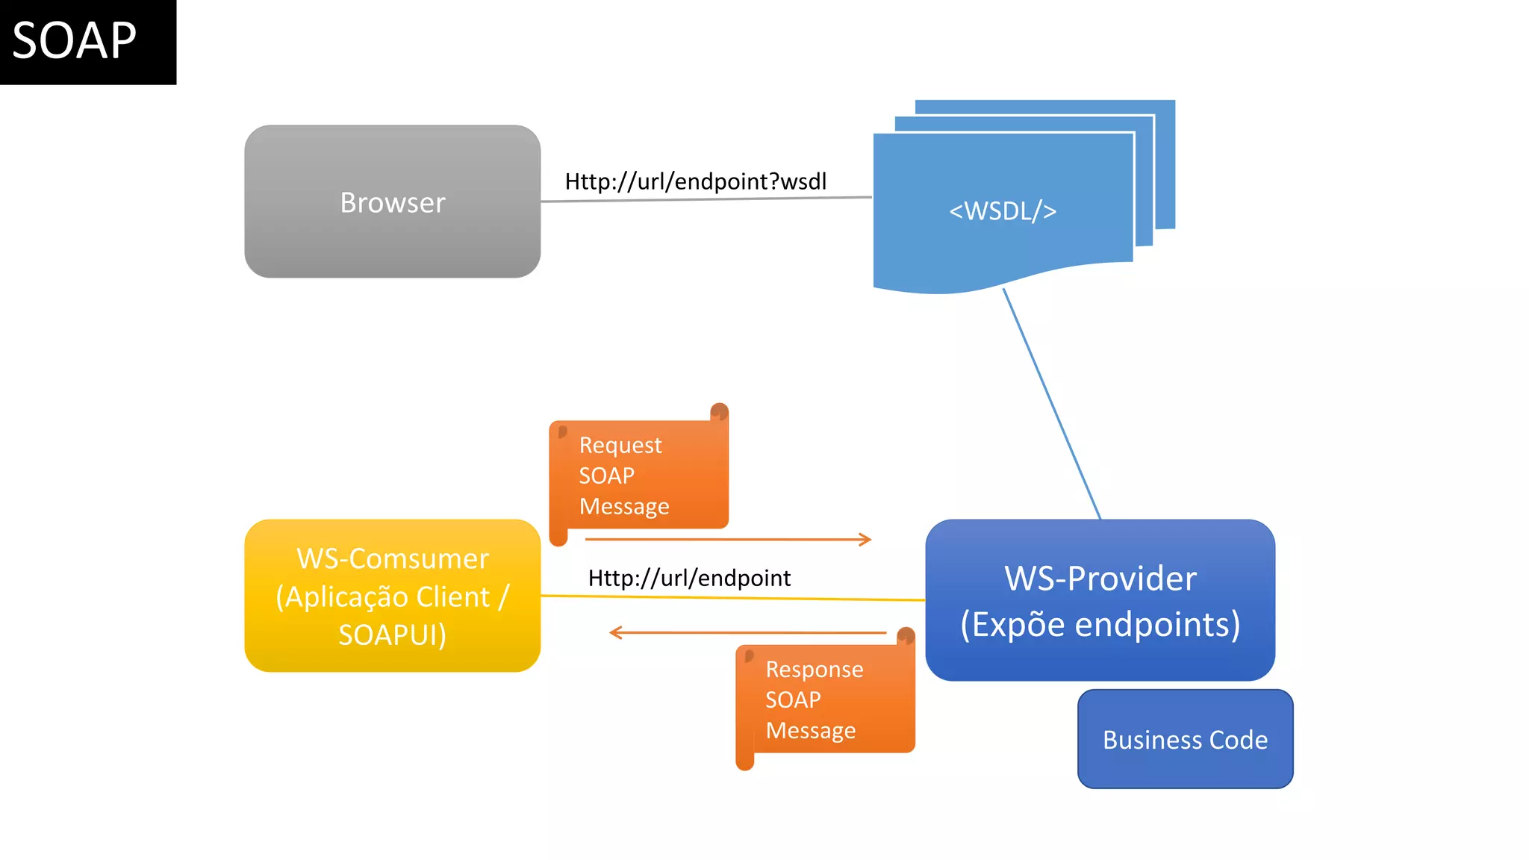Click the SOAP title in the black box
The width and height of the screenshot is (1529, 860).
pyautogui.click(x=75, y=41)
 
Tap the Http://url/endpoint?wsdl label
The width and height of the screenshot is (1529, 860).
pyautogui.click(x=695, y=181)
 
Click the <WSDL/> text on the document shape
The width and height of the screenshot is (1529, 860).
pyautogui.click(x=1003, y=211)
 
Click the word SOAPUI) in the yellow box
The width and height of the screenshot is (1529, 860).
pyautogui.click(x=392, y=635)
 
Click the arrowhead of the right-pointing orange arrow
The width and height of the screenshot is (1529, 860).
pyautogui.click(x=866, y=539)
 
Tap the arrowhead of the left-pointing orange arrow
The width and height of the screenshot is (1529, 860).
pyautogui.click(x=615, y=633)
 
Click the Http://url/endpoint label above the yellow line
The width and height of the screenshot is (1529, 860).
pyautogui.click(x=688, y=578)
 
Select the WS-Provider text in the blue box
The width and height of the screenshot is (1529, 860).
pyautogui.click(x=1100, y=579)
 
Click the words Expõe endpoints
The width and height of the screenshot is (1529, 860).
pyautogui.click(x=1100, y=625)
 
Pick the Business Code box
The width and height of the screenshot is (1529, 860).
pyautogui.click(x=1185, y=739)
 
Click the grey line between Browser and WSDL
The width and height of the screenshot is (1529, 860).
pyautogui.click(x=706, y=199)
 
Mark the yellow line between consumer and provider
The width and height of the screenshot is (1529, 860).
pyautogui.click(x=732, y=598)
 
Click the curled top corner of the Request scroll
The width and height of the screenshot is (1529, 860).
pyautogui.click(x=719, y=412)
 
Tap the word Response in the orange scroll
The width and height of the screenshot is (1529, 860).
pyautogui.click(x=814, y=669)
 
